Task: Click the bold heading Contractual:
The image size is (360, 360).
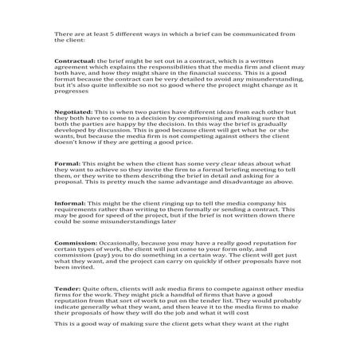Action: tap(74, 61)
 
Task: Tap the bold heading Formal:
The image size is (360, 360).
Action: tap(67, 163)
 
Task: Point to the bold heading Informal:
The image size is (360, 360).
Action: tap(70, 203)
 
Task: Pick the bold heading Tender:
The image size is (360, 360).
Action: tap(67, 286)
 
